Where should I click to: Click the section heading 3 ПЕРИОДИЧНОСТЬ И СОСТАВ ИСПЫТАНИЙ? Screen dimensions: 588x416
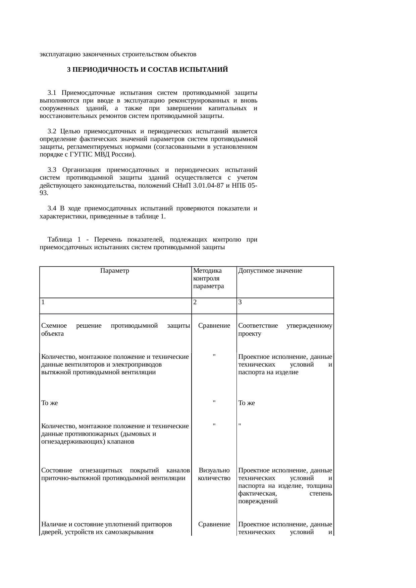(x=147, y=70)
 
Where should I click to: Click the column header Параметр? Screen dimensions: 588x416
(x=115, y=271)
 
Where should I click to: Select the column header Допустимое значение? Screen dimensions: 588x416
(x=270, y=271)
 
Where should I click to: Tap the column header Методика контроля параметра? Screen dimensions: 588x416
(x=208, y=278)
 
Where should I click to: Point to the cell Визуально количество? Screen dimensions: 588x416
(x=214, y=474)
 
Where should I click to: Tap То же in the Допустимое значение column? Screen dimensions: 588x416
(x=247, y=403)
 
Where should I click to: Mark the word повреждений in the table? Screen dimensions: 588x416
(x=258, y=501)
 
